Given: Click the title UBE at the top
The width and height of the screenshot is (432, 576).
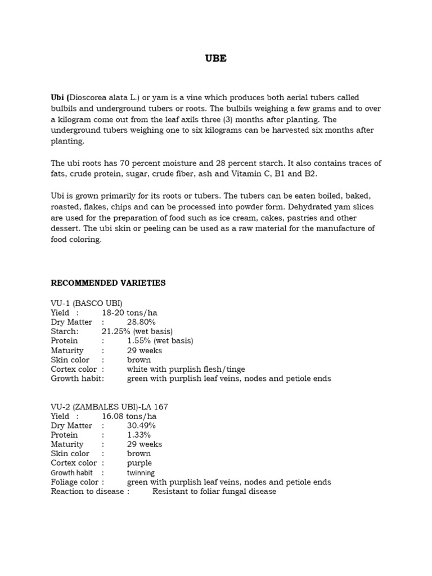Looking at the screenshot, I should [x=216, y=58].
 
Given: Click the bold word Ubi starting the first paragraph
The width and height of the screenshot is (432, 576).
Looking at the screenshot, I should [x=58, y=97].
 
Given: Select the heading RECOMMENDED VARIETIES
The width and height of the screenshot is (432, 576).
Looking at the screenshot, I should [x=108, y=283].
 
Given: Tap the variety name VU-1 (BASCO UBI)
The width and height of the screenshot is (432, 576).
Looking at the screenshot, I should [x=86, y=303].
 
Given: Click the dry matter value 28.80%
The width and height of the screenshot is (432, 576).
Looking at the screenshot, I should [x=141, y=322].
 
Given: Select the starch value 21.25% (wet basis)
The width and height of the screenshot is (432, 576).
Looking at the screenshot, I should [x=137, y=331].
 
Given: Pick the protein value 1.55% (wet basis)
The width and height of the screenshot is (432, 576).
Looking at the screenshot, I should [x=160, y=341].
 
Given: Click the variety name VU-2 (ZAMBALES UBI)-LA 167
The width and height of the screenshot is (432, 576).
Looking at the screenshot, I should [x=109, y=407].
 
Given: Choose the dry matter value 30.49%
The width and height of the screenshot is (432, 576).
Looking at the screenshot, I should [x=141, y=426].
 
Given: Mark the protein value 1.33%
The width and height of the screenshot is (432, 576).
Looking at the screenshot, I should [x=138, y=435].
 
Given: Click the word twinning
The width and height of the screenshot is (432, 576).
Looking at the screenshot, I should [x=141, y=473].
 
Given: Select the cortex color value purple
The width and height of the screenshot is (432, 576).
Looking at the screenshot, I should [x=139, y=463].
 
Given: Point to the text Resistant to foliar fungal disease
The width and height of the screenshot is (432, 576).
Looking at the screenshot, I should [x=214, y=492].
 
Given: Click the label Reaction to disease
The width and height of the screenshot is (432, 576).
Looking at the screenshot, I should [x=87, y=492].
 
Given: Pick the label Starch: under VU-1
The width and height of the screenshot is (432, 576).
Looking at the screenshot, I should [x=65, y=331].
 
